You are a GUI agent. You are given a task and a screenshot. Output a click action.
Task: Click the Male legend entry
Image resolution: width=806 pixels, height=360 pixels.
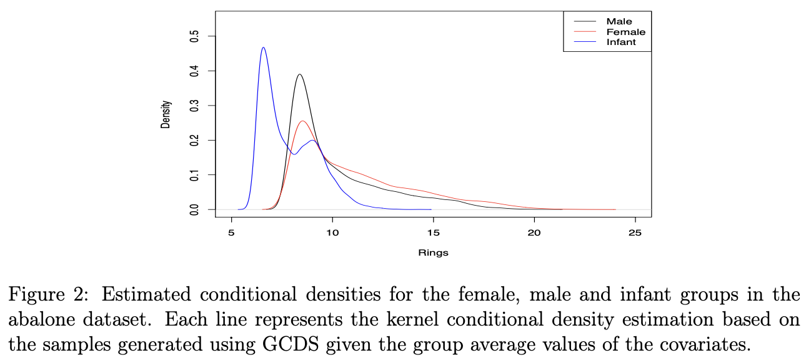pos(619,21)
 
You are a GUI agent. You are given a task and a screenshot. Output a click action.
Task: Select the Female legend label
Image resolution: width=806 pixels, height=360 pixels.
pos(625,32)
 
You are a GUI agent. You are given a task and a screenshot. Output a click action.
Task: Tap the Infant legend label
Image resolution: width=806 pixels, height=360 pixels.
pos(620,42)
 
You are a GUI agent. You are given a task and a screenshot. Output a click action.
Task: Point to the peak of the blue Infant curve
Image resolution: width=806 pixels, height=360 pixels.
pos(263,47)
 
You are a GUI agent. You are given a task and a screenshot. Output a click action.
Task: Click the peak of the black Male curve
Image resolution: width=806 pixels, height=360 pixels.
pos(300,74)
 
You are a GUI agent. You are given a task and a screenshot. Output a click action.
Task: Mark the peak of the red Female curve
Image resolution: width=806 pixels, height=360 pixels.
pos(303,121)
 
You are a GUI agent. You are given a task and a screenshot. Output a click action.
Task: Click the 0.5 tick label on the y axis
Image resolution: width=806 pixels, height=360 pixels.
pos(194,37)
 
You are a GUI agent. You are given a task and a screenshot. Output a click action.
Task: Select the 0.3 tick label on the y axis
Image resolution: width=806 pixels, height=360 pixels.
pos(194,106)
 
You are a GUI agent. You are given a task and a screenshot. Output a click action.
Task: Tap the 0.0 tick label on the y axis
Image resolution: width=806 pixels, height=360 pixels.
pos(194,209)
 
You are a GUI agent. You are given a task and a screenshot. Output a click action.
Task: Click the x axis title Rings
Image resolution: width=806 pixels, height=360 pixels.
pos(433,253)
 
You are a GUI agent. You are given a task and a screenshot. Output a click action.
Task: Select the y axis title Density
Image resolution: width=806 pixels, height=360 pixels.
pos(166,115)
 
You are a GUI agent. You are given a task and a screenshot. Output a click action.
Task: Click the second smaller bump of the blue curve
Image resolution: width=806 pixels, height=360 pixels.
pos(313,141)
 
